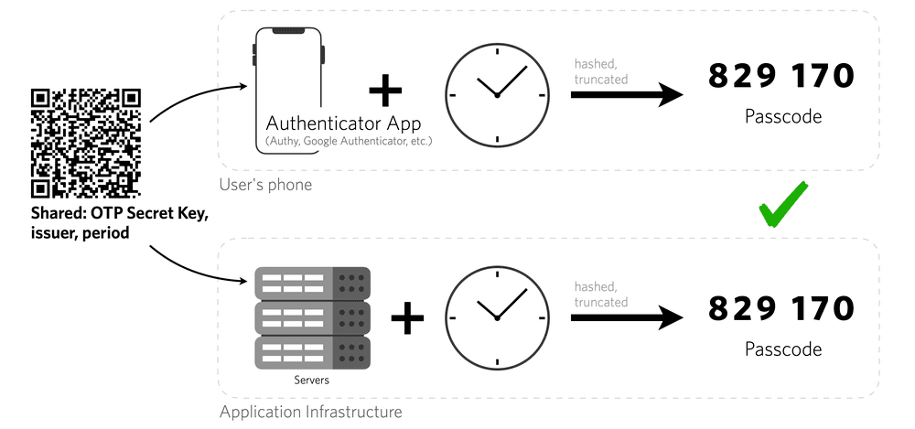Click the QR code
pyautogui.click(x=86, y=144)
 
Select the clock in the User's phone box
pyautogui.click(x=496, y=94)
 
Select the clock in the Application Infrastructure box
pyautogui.click(x=496, y=316)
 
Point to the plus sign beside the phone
pyautogui.click(x=385, y=91)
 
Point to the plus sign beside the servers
pyautogui.click(x=407, y=318)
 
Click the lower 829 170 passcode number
pyautogui.click(x=781, y=307)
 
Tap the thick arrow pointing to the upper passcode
pyautogui.click(x=627, y=94)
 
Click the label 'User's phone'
pyautogui.click(x=265, y=185)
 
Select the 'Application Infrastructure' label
pyautogui.click(x=310, y=412)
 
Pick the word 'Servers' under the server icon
pyautogui.click(x=312, y=380)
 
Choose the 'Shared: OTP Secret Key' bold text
pyautogui.click(x=118, y=214)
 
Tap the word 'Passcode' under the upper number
pyautogui.click(x=782, y=117)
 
